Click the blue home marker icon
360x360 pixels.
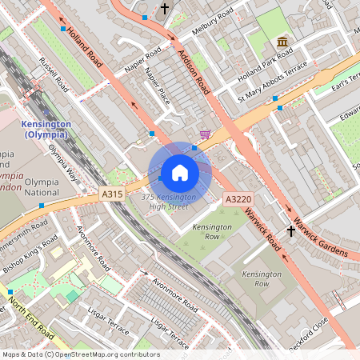[180, 172]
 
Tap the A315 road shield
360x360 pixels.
[113, 194]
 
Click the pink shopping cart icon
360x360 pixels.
[206, 134]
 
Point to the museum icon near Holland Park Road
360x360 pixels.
[282, 42]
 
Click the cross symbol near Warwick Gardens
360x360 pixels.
[291, 232]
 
